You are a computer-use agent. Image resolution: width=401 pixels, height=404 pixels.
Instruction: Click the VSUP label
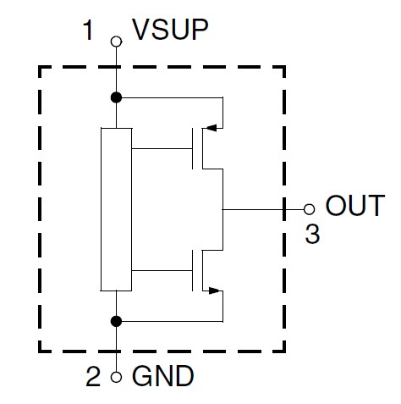coord(170,30)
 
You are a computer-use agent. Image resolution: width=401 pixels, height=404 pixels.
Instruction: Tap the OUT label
coord(355,205)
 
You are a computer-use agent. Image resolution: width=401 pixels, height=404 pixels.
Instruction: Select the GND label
coord(163,375)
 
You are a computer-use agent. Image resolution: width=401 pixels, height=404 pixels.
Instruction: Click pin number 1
coord(88,30)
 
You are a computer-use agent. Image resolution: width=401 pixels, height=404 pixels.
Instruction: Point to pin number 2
coord(93,376)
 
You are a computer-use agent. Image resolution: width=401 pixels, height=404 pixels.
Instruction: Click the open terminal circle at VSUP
coord(116,42)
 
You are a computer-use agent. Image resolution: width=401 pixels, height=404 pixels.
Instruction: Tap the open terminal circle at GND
coord(116,377)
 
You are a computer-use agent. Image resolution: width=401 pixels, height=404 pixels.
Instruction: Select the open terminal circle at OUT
coord(309,209)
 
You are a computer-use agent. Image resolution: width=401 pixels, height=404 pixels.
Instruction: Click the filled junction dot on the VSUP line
coord(116,97)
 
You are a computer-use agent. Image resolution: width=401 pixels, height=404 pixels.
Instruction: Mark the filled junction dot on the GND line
coord(116,321)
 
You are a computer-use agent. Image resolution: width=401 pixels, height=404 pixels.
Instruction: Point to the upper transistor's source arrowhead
coord(211,128)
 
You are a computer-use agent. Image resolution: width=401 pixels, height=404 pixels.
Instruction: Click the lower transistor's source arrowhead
coord(214,291)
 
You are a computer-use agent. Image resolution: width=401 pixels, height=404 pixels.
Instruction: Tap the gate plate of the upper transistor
coord(193,148)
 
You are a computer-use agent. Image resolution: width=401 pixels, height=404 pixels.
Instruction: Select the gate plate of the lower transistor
coord(193,270)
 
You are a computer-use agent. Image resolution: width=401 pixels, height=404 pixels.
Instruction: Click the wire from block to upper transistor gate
coord(162,148)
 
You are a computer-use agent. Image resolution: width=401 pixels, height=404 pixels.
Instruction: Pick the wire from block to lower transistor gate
coord(162,270)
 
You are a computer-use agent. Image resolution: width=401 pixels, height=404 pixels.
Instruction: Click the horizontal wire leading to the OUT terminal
coord(263,209)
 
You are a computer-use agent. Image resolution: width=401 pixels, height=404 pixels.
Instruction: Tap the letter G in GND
coord(142,375)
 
